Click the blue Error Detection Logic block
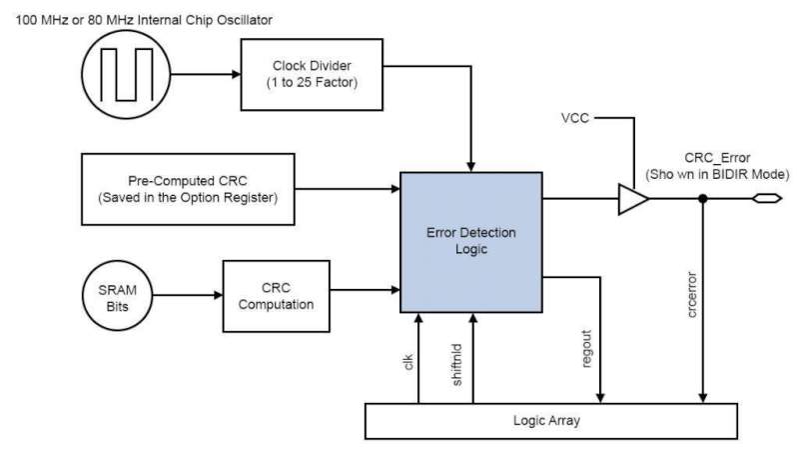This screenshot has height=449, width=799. tap(469, 241)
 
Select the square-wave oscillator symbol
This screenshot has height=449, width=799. tap(124, 74)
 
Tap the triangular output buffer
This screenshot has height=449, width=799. tap(632, 199)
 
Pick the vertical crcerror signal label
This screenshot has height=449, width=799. tap(691, 295)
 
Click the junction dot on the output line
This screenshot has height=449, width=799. tap(704, 199)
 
